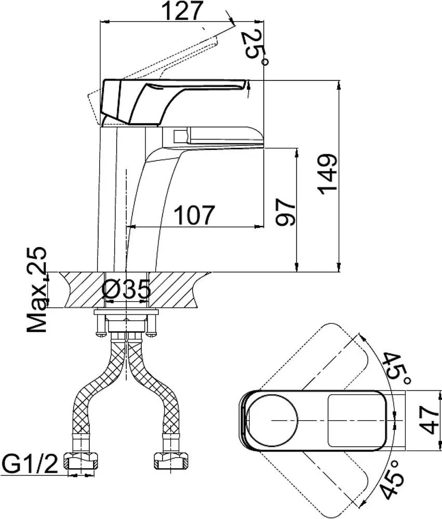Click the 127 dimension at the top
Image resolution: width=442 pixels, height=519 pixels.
point(182,11)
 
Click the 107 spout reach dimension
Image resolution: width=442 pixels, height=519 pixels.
point(193,215)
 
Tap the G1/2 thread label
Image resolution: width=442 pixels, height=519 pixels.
point(29,461)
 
